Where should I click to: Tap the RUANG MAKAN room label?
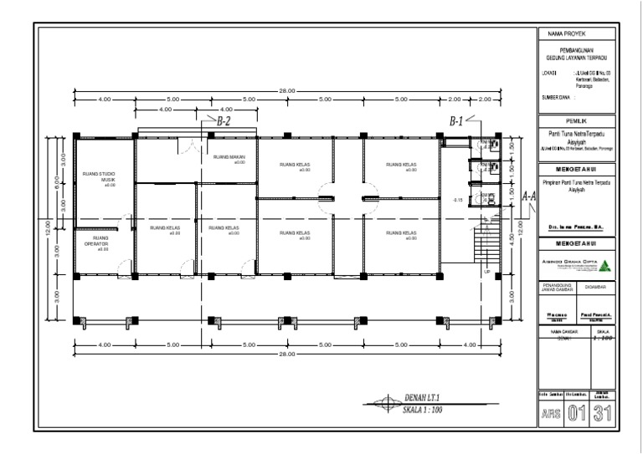pyautogui.click(x=227, y=158)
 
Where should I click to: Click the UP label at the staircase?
pyautogui.click(x=486, y=272)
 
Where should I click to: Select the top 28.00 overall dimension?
pyautogui.click(x=287, y=89)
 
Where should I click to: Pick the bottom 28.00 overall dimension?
pyautogui.click(x=287, y=355)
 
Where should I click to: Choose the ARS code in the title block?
pyautogui.click(x=551, y=413)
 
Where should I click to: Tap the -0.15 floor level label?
pyautogui.click(x=457, y=201)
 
